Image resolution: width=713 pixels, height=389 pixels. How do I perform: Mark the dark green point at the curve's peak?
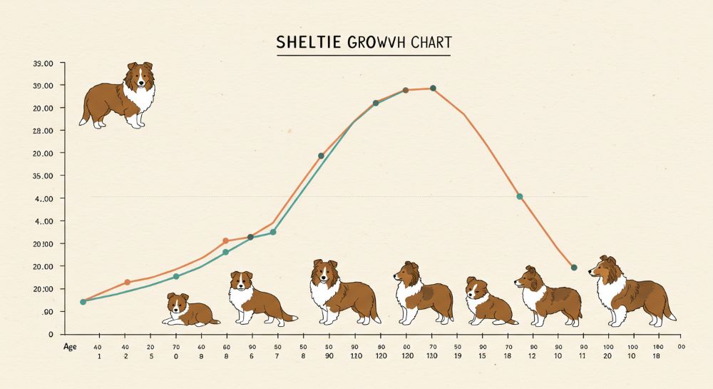(x=433, y=89)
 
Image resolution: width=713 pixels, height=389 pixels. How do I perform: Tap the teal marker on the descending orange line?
(x=519, y=196)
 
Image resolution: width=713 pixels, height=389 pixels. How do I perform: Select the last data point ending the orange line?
(x=574, y=268)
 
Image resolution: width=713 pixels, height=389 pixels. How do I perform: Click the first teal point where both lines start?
(x=83, y=302)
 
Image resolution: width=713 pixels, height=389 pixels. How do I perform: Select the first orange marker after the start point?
(x=128, y=283)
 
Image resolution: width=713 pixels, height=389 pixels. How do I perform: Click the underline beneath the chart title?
(x=364, y=56)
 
